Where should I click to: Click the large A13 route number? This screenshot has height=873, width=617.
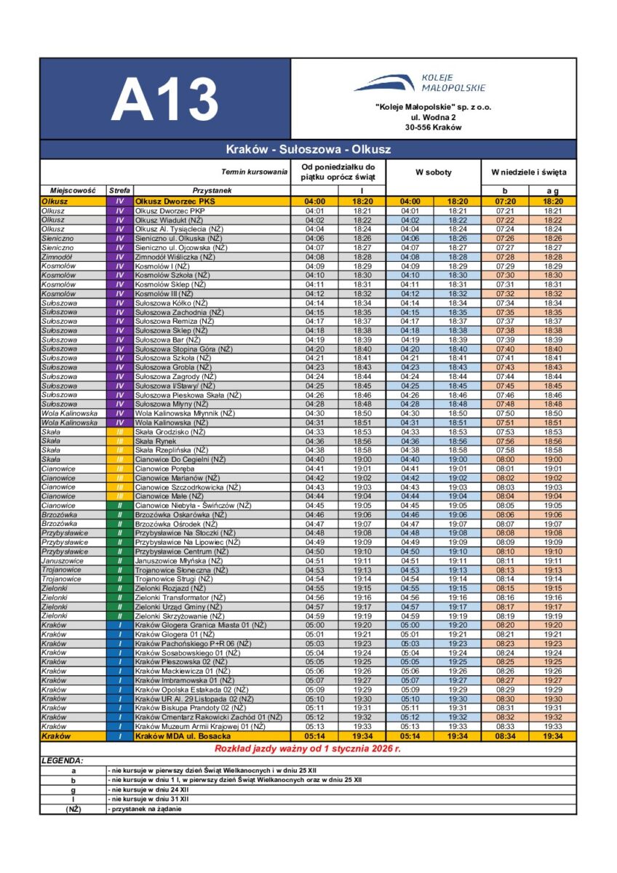(x=165, y=100)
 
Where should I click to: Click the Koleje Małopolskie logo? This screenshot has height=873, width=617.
(x=420, y=82)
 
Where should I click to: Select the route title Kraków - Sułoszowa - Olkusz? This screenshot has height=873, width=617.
(x=308, y=149)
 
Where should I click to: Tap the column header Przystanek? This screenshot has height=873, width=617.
(x=212, y=190)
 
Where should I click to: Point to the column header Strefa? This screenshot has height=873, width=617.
(x=119, y=190)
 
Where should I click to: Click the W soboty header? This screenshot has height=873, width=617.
(x=434, y=172)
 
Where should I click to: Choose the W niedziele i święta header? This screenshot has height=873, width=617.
(x=528, y=172)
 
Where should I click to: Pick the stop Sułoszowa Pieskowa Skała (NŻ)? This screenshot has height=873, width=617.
(x=188, y=395)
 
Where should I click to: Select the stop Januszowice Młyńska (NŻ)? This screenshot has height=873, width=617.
(x=179, y=561)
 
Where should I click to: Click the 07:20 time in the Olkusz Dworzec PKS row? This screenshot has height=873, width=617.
(x=505, y=201)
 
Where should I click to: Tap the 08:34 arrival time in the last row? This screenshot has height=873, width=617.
(x=505, y=736)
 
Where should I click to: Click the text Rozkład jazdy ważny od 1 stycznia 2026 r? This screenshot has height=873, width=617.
(x=308, y=748)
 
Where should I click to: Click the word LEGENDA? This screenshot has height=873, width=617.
(x=63, y=760)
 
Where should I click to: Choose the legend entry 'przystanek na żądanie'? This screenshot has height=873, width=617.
(x=145, y=809)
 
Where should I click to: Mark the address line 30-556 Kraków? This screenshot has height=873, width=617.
(x=433, y=127)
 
